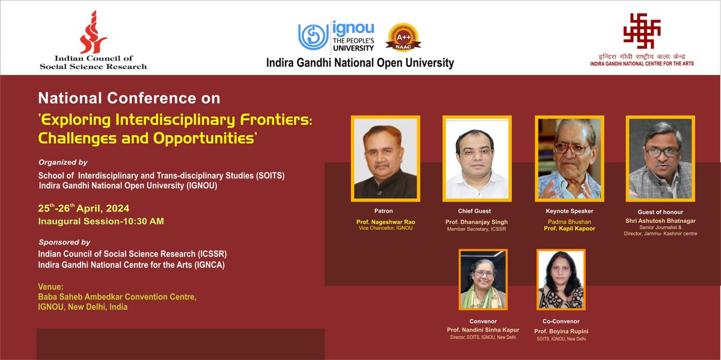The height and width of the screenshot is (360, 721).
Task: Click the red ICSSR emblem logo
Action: click(x=94, y=32)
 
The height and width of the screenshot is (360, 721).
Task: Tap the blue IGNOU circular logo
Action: click(x=314, y=36)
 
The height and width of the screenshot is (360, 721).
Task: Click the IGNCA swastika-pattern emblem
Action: click(x=641, y=31)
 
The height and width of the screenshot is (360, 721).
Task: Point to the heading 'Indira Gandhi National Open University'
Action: click(x=360, y=63)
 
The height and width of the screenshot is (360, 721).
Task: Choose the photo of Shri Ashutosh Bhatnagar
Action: click(x=659, y=157)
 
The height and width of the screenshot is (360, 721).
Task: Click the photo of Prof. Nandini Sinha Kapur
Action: click(x=484, y=279)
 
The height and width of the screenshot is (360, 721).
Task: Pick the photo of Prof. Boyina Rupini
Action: click(x=561, y=279)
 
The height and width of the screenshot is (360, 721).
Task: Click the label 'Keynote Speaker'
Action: click(x=569, y=211)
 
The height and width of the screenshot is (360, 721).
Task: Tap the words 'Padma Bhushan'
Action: click(x=568, y=222)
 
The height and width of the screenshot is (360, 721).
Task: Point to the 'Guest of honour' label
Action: click(x=660, y=212)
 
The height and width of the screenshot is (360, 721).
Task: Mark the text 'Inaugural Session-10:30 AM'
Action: click(x=100, y=221)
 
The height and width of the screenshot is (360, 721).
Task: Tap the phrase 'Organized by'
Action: click(x=62, y=162)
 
